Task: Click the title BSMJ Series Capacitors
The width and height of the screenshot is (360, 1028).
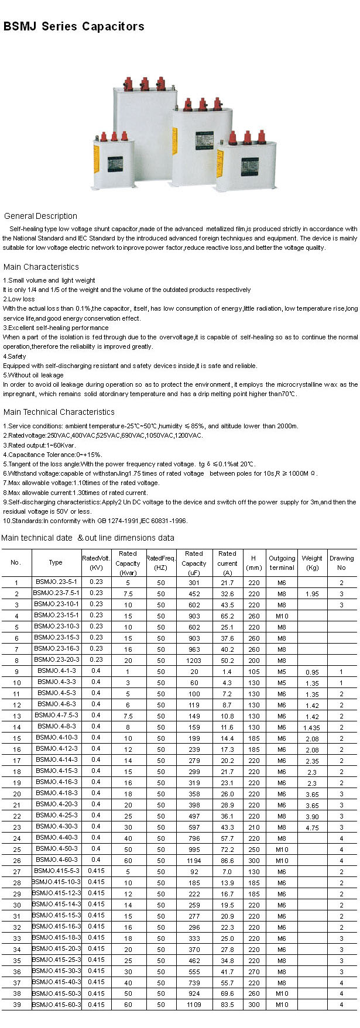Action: [74, 26]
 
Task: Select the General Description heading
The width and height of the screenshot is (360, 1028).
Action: [40, 216]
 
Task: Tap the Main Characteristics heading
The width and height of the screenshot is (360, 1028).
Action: [41, 267]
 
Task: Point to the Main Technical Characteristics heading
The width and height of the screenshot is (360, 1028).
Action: [59, 412]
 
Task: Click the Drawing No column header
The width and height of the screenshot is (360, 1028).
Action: [341, 562]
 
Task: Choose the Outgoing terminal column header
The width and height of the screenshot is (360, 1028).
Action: [282, 562]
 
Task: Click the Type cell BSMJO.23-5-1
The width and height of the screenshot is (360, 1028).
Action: [56, 582]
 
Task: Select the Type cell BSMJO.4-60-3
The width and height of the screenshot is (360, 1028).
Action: [56, 859]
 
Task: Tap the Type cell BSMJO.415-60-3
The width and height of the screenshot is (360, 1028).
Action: [56, 1004]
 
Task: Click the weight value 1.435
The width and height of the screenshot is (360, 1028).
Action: [312, 727]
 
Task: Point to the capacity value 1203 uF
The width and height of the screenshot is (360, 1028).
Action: [194, 660]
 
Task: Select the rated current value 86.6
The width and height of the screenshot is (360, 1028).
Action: [227, 861]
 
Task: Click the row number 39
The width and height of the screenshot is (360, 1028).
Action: [16, 1005]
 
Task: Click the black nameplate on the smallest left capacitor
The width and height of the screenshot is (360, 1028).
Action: [115, 164]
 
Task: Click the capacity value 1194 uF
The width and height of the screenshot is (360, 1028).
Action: [194, 861]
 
